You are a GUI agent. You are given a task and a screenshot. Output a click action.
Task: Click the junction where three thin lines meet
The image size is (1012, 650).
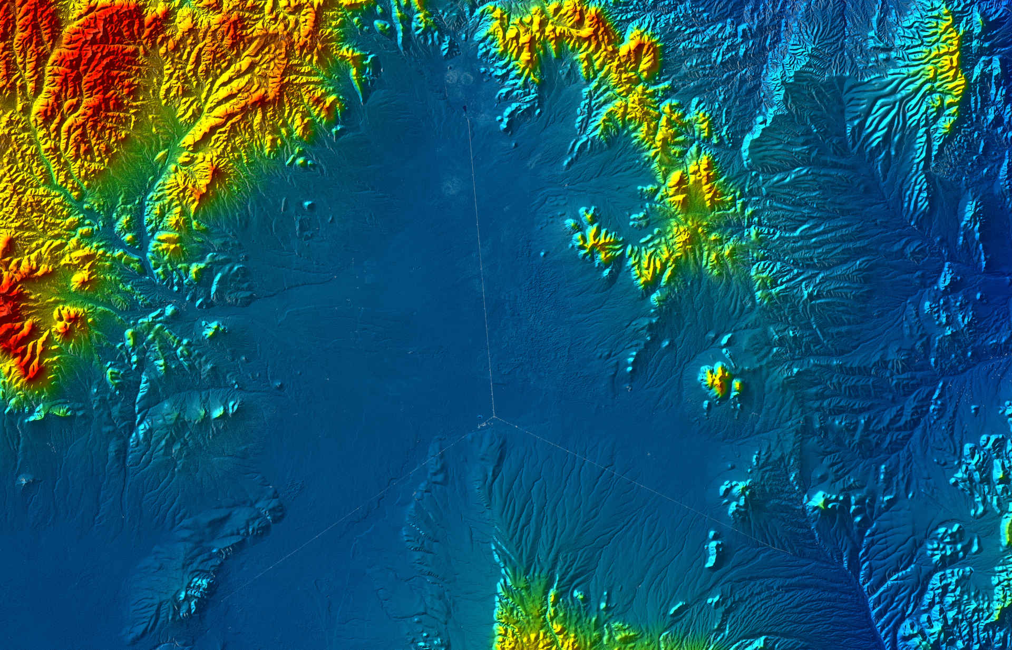coord(494,417)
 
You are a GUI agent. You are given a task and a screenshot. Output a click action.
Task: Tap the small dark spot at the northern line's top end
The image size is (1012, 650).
coord(465,110)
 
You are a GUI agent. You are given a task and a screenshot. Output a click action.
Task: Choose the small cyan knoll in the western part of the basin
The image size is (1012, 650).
coord(308,205)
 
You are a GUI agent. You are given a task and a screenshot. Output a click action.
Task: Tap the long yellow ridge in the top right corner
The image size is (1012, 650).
coord(943,53)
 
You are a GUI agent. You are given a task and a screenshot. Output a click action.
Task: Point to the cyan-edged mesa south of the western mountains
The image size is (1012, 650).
coord(206,406)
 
